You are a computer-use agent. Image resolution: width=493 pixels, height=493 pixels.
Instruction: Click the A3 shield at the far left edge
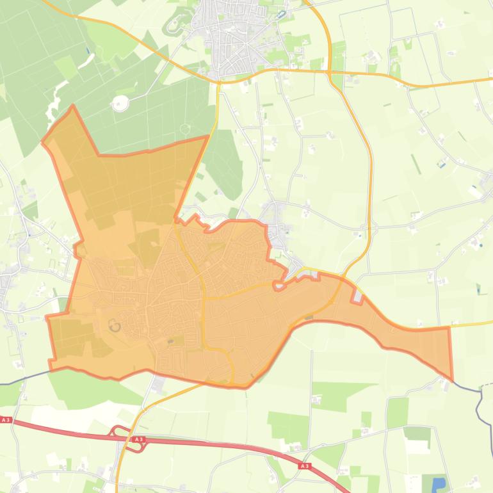pyautogui.click(x=6, y=420)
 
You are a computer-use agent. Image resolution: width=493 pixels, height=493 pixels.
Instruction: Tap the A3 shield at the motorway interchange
pyautogui.click(x=138, y=439)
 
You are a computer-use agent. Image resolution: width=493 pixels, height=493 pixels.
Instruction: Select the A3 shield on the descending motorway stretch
pyautogui.click(x=304, y=466)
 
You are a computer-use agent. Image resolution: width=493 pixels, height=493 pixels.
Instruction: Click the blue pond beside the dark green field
pyautogui.click(x=439, y=484)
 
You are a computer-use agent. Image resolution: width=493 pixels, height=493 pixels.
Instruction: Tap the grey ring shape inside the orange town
pyautogui.click(x=115, y=326)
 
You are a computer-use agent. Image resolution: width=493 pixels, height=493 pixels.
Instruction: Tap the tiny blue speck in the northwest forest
pyautogui.click(x=87, y=50)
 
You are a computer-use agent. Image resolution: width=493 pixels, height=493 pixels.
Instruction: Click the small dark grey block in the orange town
pyautogui.click(x=170, y=341)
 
